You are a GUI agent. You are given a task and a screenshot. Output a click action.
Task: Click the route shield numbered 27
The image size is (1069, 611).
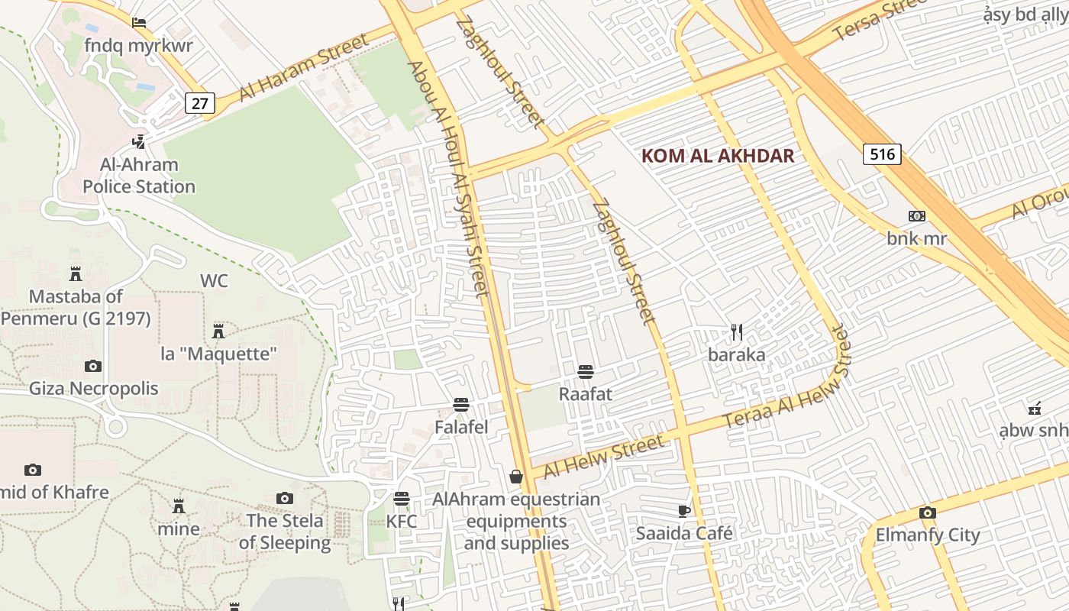pyautogui.click(x=199, y=103)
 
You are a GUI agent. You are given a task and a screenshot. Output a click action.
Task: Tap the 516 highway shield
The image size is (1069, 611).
pyautogui.click(x=882, y=154)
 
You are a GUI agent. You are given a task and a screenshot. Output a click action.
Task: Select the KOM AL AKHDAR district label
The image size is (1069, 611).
pyautogui.click(x=718, y=157)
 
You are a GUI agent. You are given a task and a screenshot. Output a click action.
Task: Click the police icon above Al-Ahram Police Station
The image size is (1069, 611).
pyautogui.click(x=138, y=141)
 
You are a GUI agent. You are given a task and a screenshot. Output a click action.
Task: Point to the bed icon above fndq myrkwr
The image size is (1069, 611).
pyautogui.click(x=138, y=22)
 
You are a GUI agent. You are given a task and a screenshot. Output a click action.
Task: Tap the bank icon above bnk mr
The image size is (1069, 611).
pyautogui.click(x=917, y=216)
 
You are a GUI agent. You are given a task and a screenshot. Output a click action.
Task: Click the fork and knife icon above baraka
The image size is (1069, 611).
pyautogui.click(x=736, y=332)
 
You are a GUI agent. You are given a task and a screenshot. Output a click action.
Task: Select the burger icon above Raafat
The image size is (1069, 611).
pyautogui.click(x=586, y=372)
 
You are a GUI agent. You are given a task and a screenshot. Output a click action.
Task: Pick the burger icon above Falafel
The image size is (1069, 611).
pyautogui.click(x=460, y=405)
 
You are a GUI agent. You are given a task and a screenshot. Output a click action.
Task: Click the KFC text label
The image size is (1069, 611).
pyautogui.click(x=402, y=522)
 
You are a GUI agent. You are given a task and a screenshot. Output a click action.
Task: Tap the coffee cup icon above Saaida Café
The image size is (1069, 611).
pyautogui.click(x=684, y=511)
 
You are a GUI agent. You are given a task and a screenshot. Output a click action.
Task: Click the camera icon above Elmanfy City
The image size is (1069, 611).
pyautogui.click(x=927, y=512)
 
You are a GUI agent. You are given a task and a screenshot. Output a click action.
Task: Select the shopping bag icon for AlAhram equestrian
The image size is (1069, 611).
pyautogui.click(x=516, y=477)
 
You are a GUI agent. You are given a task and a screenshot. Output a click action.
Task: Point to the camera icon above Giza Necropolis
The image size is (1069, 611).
pyautogui.click(x=93, y=366)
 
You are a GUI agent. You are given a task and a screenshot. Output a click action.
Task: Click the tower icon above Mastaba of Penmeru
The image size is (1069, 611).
pyautogui.click(x=76, y=273)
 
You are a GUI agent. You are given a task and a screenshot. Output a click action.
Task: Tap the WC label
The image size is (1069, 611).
pyautogui.click(x=214, y=281)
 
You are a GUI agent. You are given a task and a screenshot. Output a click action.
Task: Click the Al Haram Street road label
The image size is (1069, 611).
pyautogui.click(x=303, y=66)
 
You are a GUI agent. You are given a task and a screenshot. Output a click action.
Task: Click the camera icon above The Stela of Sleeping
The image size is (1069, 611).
pyautogui.click(x=285, y=499)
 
